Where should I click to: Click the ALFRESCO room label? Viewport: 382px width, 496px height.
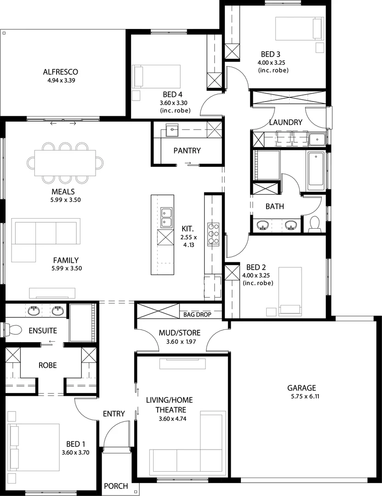[60, 72]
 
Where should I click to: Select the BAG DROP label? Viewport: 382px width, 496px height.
[197, 315]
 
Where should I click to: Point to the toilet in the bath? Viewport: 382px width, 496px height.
[315, 224]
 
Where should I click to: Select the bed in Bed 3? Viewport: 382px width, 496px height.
[298, 28]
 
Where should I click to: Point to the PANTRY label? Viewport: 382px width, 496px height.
[187, 151]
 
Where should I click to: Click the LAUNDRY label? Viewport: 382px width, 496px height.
[285, 123]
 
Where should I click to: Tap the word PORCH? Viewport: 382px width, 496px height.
[116, 486]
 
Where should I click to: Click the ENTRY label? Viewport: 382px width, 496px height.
[114, 414]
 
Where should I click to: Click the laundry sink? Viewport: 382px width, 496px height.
[317, 138]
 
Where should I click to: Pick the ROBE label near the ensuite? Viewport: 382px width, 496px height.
[48, 365]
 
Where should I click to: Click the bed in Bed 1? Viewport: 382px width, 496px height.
[34, 446]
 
